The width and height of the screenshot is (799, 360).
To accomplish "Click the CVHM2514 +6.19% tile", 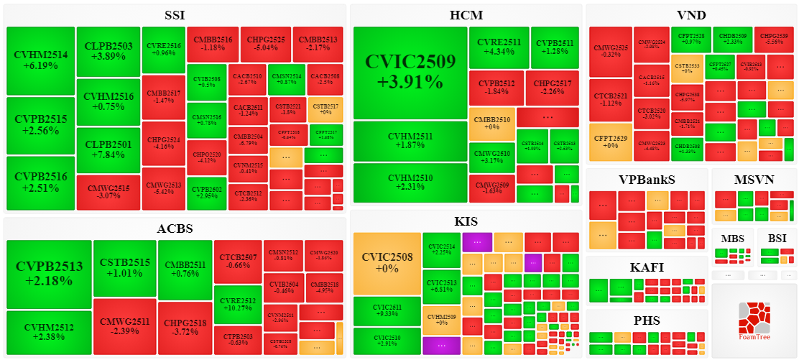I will pos(40,60).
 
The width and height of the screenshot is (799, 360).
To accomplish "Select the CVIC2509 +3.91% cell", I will pos(410,72).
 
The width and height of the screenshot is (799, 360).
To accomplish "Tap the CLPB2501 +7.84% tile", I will pos(108,150).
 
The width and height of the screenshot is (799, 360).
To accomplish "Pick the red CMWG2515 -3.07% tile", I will pos(108,192).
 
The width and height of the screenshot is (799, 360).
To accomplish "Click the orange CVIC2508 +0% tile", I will pos(387,263).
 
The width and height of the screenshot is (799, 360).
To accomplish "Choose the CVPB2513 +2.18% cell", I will pos(49,273).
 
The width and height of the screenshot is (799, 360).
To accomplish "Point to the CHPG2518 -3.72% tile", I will pos(185,328).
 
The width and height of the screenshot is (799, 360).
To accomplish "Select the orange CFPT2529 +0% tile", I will pos(609,141).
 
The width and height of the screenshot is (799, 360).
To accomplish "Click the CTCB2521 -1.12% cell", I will pos(609,99).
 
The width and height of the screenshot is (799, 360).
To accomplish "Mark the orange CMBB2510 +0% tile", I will pos(491,124).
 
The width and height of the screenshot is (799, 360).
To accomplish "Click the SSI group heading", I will pos(175,15).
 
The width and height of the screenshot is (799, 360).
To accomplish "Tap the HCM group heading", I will pos(466,15).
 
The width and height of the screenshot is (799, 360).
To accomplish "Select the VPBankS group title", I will pos(647,179).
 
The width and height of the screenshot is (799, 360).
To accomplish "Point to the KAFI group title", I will pos(647,267).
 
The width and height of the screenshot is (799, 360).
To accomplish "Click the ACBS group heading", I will pos(175,229).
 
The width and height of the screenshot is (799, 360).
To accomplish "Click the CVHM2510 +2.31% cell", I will pos(410,183).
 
